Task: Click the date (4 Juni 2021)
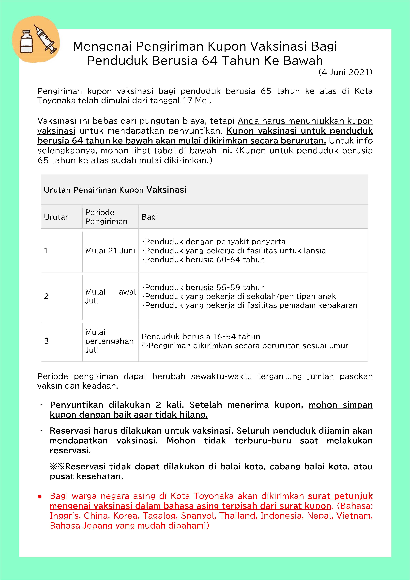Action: coord(345,73)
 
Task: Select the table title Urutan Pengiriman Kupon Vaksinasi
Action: coord(115,190)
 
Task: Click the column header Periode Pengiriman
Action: coord(106,217)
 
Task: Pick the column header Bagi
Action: coord(150,217)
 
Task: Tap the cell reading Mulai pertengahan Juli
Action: coord(109,341)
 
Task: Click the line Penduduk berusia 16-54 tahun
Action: coord(201,337)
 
